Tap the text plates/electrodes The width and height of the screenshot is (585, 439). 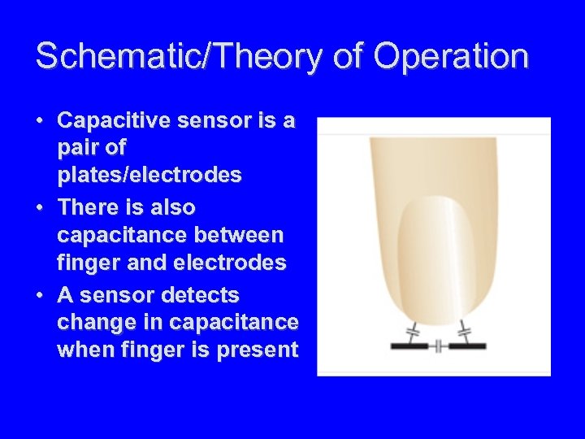149,176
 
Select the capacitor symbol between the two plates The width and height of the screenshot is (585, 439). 437,346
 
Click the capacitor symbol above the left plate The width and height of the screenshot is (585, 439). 411,331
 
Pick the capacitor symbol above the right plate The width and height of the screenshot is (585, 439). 465,331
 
